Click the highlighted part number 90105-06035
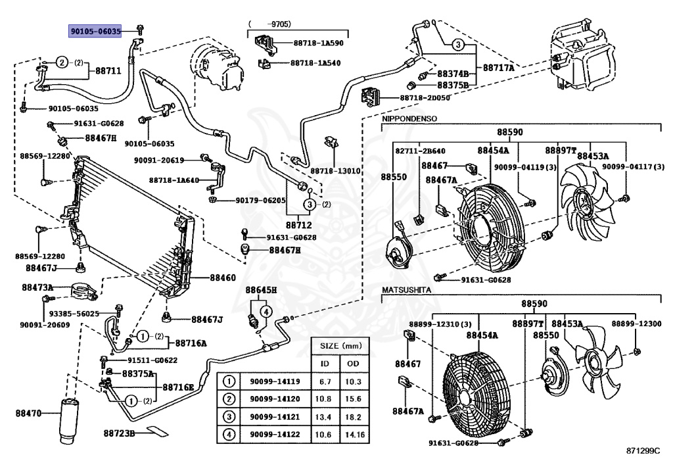(x=95, y=31)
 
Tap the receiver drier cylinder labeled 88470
(x=69, y=421)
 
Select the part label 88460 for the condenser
(x=222, y=278)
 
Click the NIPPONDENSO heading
(x=409, y=118)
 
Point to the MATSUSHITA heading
(x=406, y=290)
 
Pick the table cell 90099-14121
(x=275, y=417)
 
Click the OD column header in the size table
(x=353, y=364)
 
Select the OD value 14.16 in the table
(x=354, y=435)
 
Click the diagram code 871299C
(x=643, y=451)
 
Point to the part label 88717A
(x=498, y=67)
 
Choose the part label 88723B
(x=119, y=433)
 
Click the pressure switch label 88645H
(x=261, y=290)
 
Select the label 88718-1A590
(x=318, y=43)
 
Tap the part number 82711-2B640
(x=420, y=151)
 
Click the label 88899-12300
(x=636, y=324)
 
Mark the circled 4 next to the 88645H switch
(x=267, y=311)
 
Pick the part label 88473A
(x=37, y=287)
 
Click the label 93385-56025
(x=74, y=314)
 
